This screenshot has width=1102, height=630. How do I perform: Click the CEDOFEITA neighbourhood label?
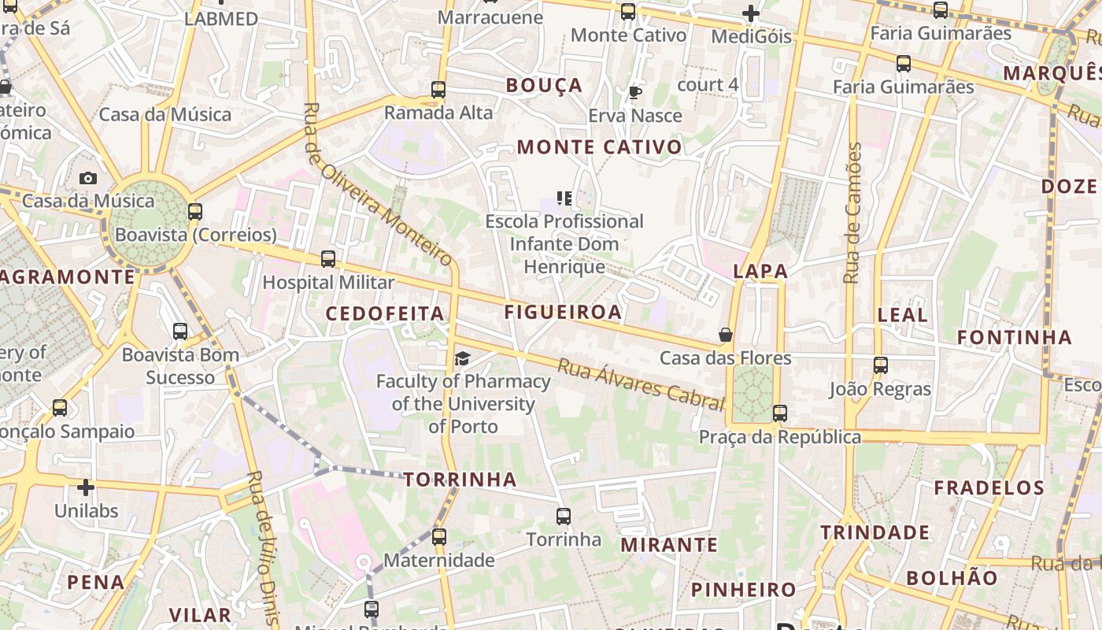(x=385, y=313)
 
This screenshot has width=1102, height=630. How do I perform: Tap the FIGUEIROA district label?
(x=563, y=312)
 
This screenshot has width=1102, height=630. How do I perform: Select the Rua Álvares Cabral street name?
(x=641, y=385)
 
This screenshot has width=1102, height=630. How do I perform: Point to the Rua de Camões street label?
(x=853, y=213)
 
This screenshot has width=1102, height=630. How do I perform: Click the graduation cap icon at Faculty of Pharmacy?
(x=462, y=359)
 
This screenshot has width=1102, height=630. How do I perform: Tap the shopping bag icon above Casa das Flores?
(x=726, y=335)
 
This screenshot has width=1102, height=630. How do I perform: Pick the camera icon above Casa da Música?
(x=88, y=179)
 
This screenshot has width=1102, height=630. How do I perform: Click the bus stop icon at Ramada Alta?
(x=438, y=90)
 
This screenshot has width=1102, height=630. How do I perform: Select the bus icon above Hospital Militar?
(x=328, y=259)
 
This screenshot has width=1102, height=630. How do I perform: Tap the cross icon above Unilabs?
(x=86, y=488)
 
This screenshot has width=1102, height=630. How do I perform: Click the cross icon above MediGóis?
(x=751, y=13)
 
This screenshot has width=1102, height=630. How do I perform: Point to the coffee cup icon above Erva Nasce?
(x=634, y=93)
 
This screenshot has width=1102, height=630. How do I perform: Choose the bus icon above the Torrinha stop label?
(x=564, y=517)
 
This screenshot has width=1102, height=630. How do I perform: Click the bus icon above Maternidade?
(x=439, y=537)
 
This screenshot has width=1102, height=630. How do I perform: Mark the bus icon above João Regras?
(x=880, y=365)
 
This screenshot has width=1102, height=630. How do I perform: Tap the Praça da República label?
(x=780, y=437)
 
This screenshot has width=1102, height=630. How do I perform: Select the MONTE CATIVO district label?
(x=599, y=147)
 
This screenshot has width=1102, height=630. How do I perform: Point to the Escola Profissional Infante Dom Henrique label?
(x=564, y=244)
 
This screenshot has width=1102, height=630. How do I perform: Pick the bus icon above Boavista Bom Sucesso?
(x=180, y=332)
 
